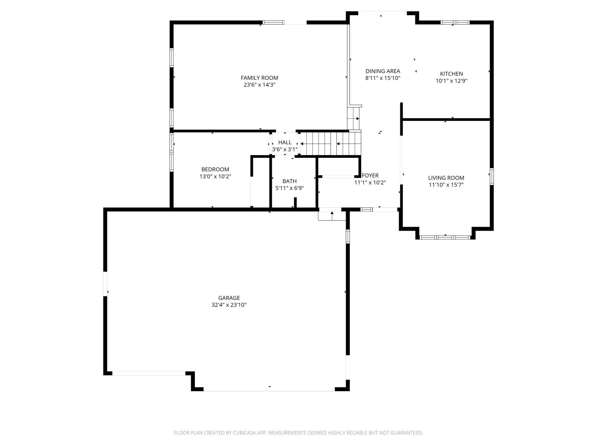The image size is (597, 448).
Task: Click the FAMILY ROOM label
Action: point(259,78)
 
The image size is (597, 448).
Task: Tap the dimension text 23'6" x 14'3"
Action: point(259,85)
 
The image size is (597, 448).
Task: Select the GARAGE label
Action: point(229,298)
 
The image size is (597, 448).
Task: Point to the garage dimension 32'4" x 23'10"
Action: point(229,305)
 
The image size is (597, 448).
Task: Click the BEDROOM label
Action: point(215,169)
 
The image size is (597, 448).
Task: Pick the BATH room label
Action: point(289,181)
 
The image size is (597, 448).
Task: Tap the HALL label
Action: point(285,142)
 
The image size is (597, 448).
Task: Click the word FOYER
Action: point(370,175)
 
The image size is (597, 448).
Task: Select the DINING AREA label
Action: point(383,71)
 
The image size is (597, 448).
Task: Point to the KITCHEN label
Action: point(451,74)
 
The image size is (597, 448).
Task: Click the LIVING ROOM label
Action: point(446,178)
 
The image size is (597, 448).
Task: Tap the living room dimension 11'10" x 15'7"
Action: point(446,185)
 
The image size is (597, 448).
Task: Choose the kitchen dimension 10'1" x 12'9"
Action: point(451,81)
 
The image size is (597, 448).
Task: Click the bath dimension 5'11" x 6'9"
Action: point(289,188)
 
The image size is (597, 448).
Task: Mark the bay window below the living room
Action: point(445,237)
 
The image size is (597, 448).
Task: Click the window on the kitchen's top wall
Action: point(455,22)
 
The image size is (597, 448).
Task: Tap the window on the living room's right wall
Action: point(492,176)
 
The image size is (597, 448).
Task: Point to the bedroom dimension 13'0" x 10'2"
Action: point(215,177)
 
